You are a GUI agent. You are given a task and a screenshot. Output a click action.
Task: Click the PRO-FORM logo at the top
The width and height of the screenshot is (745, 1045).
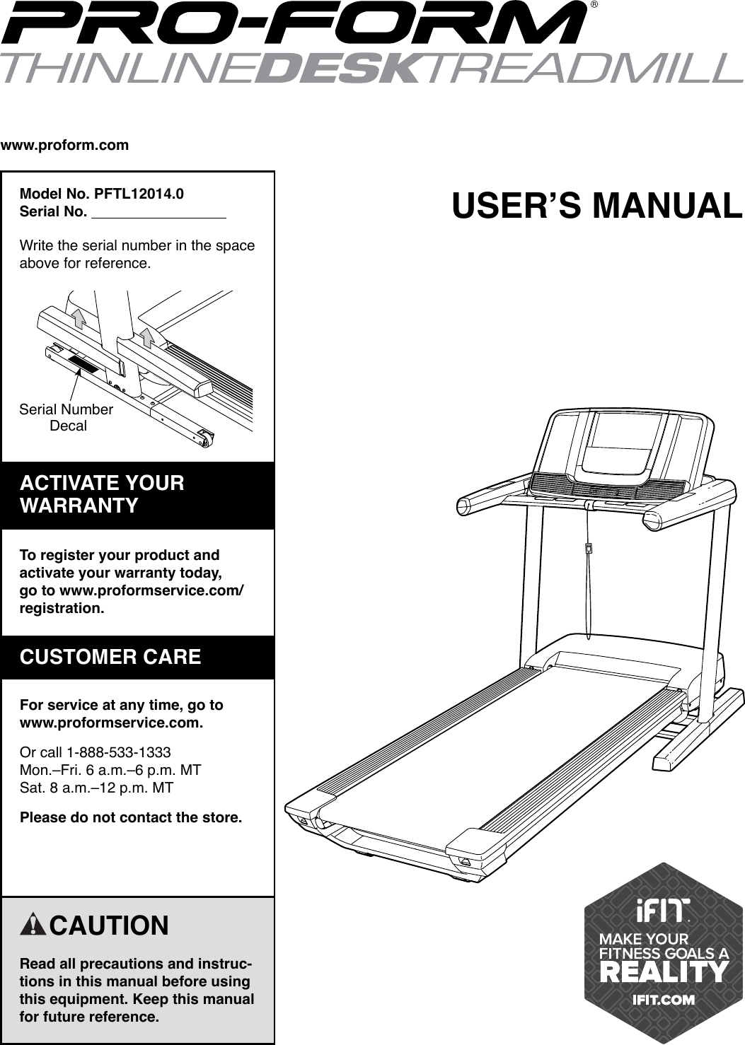[x=294, y=24]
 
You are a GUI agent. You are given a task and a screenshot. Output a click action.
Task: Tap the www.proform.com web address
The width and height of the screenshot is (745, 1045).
[x=65, y=146]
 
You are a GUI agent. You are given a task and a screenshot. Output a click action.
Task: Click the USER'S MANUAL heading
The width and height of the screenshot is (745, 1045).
[x=597, y=206]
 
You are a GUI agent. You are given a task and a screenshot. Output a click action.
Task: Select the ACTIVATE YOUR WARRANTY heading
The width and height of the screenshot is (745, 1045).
[x=103, y=494]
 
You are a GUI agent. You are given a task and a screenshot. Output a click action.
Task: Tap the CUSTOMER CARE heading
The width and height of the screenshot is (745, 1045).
[x=111, y=657]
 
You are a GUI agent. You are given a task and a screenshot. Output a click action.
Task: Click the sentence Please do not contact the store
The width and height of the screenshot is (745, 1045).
[x=131, y=818]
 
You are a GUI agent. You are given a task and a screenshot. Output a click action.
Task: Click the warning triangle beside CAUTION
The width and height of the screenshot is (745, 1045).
[x=34, y=925]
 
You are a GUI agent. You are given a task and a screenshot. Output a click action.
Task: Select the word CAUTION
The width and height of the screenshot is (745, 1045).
[x=110, y=926]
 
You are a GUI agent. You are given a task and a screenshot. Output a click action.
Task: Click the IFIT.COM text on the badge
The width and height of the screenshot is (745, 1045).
[x=664, y=1000]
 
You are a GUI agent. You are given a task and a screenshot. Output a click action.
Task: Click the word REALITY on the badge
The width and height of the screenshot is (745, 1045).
[x=664, y=972]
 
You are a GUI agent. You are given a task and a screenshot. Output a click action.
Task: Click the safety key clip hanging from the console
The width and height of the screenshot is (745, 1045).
[x=589, y=548]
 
